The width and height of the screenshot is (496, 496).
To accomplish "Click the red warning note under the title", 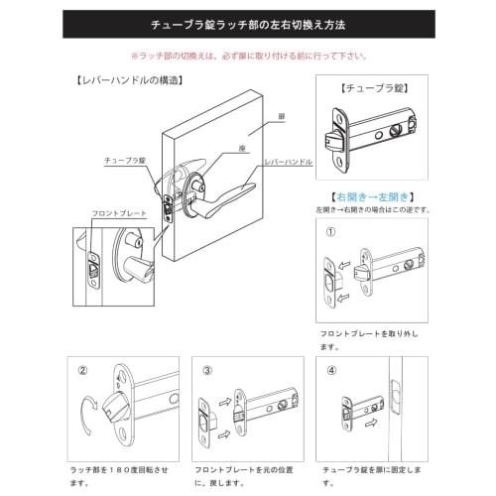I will [248, 56].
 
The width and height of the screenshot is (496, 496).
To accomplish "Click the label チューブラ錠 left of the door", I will [126, 160].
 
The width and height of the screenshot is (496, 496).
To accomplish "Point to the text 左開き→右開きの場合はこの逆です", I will [375, 209].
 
